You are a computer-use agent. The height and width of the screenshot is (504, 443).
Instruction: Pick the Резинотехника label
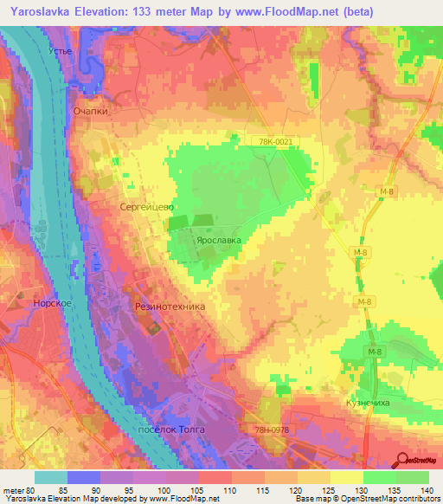pos(168,306)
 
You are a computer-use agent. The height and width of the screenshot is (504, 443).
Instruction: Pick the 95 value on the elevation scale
pos(132,490)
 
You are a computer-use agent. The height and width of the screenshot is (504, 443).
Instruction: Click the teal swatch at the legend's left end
pos(50,477)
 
